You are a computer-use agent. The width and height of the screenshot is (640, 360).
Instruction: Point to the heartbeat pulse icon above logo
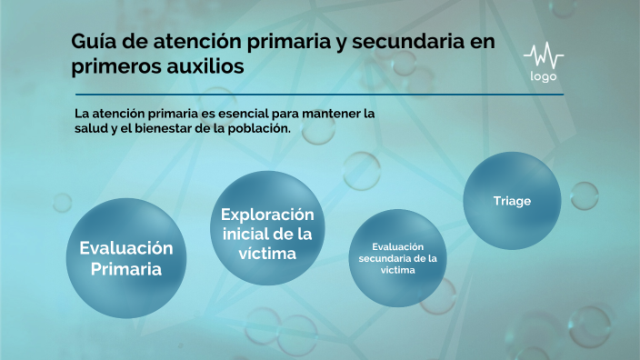pyautogui.click(x=543, y=55)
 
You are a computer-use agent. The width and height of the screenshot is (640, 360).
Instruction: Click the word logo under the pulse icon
pyautogui.click(x=543, y=76)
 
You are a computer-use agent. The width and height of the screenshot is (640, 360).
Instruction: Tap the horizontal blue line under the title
pyautogui.click(x=318, y=95)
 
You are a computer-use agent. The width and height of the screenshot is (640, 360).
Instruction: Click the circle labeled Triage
pyautogui.click(x=512, y=201)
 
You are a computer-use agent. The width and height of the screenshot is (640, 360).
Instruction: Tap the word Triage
pyautogui.click(x=512, y=201)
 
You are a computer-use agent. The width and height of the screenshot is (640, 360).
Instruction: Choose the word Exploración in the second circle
pyautogui.click(x=267, y=215)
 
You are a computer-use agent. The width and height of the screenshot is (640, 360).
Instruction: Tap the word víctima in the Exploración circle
pyautogui.click(x=267, y=254)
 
